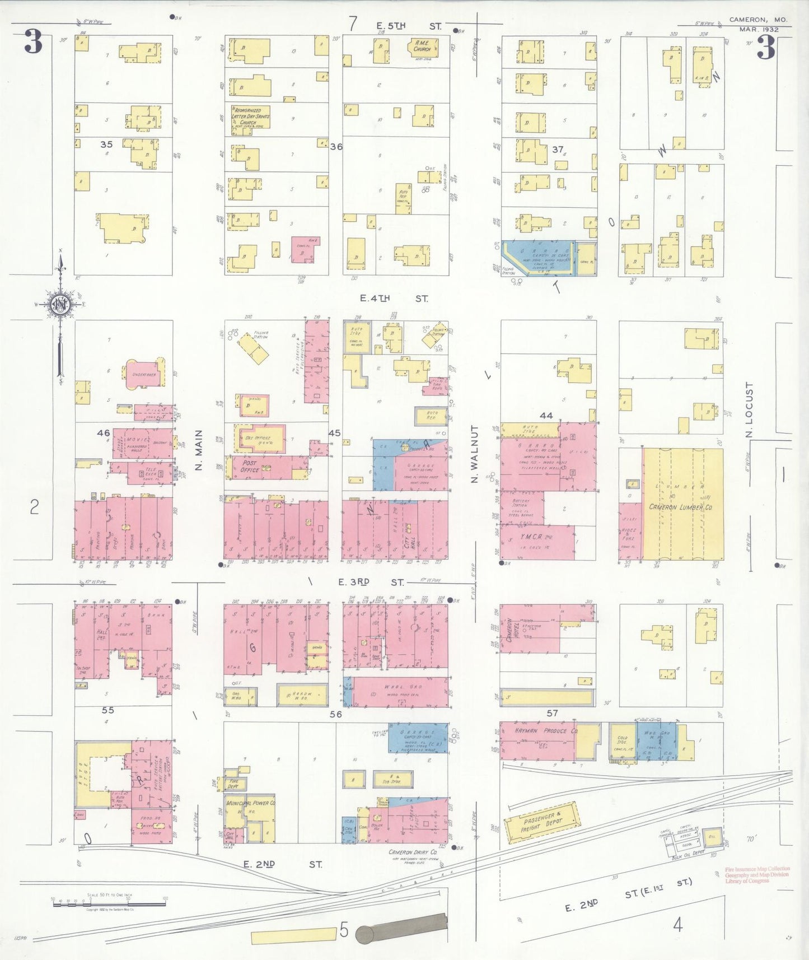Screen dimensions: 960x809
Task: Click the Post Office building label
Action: [x=250, y=467]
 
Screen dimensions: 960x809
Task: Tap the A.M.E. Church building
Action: [x=422, y=47]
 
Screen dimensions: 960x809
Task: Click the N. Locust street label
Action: [x=749, y=410]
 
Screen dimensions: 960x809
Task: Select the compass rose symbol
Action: [x=59, y=305]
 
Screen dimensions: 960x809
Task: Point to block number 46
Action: [x=104, y=433]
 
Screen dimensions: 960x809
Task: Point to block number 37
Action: [x=557, y=150]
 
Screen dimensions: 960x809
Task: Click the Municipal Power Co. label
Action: [x=250, y=803]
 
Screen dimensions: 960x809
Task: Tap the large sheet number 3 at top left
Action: [x=33, y=43]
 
